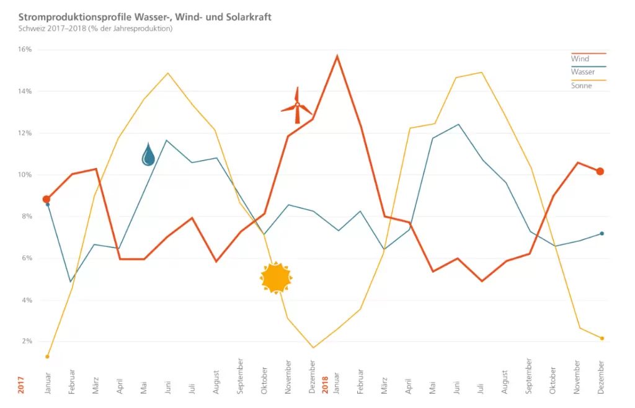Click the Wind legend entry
580,59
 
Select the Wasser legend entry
583,72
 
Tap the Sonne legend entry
581,86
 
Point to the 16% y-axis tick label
25,50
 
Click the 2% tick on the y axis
27,342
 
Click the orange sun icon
276,277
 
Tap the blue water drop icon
148,154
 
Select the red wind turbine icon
296,106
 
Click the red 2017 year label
21,384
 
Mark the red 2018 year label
325,384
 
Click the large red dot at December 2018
600,171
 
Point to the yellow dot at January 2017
47,357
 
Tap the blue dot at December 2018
601,233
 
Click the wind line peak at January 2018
337,56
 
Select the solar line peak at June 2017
167,73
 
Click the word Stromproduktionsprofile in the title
66,17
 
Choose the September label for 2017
241,376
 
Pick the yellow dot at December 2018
601,338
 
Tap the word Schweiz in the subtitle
31,29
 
